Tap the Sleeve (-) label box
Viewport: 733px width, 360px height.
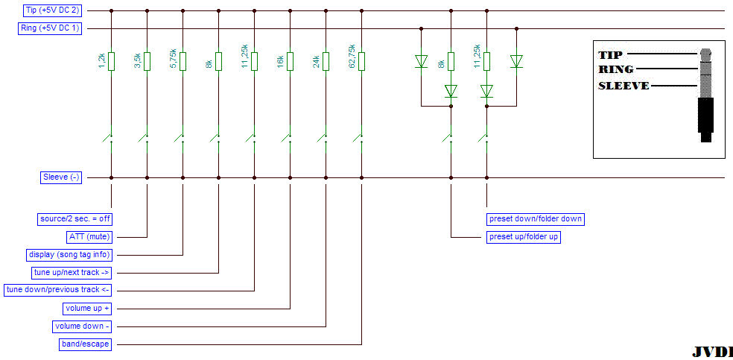(60, 177)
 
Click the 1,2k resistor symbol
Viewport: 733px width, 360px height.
(111, 61)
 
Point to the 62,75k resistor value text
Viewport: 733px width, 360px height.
(352, 59)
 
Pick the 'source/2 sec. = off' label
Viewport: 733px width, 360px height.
(74, 219)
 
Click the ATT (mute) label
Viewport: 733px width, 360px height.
(89, 237)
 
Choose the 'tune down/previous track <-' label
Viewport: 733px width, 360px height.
(58, 290)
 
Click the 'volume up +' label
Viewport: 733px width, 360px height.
(87, 308)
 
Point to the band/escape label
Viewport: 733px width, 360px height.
(84, 344)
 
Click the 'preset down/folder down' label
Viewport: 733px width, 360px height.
(535, 219)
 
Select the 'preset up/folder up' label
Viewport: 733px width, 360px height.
(524, 237)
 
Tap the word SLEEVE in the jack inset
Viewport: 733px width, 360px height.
(623, 85)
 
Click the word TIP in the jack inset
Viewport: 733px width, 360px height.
(610, 54)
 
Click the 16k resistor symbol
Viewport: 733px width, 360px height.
(290, 61)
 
